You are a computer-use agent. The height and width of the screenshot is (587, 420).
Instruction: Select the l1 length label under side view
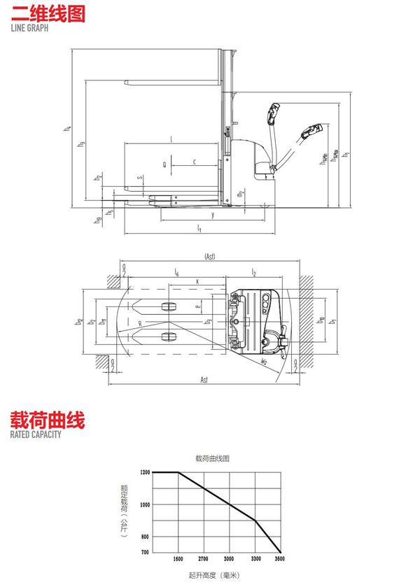click(199, 229)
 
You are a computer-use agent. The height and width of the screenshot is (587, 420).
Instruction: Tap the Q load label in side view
click(164, 165)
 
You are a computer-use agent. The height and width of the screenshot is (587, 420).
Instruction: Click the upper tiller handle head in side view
click(274, 111)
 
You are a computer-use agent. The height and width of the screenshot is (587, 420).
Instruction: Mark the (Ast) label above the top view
click(209, 257)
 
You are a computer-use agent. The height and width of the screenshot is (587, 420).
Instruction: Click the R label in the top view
click(141, 324)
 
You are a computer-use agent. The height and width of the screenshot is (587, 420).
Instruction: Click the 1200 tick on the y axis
click(145, 473)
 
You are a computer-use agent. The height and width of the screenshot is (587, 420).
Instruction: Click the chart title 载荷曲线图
click(213, 458)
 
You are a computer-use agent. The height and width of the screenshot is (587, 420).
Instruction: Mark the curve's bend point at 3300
click(255, 520)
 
